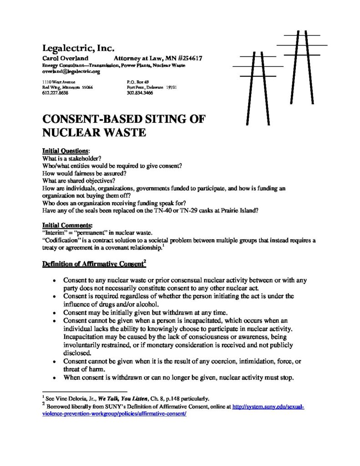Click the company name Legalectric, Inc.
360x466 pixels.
pos(75,48)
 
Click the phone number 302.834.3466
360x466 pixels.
pos(140,93)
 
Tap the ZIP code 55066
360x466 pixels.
pos(86,87)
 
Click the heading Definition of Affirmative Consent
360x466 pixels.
pos(94,263)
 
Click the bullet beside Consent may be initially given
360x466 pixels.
pos(55,313)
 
